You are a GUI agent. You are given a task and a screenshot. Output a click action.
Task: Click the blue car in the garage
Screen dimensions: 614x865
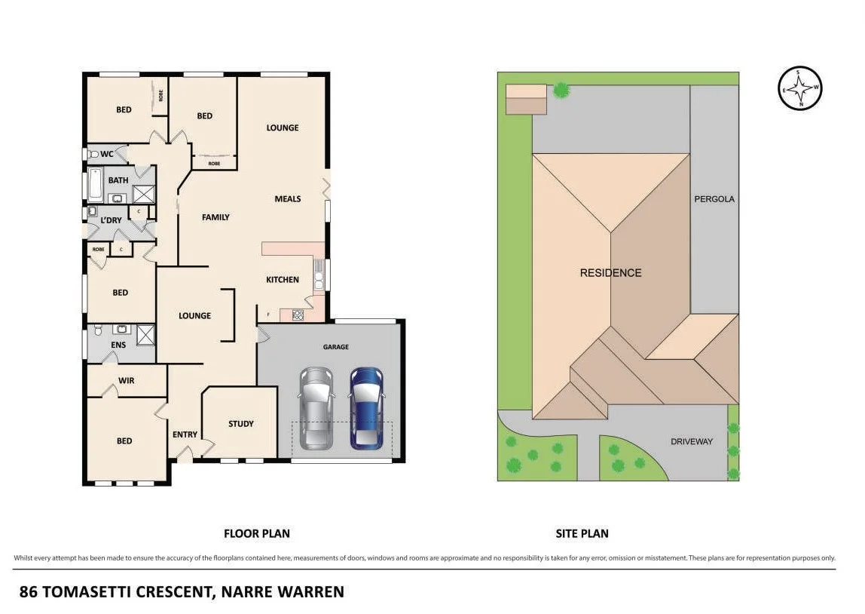(365, 407)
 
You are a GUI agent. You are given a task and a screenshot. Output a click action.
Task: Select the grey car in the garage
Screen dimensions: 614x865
(316, 407)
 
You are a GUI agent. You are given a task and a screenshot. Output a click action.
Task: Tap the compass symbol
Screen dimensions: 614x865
(799, 88)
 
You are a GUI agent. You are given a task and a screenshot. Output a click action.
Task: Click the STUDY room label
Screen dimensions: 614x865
(241, 424)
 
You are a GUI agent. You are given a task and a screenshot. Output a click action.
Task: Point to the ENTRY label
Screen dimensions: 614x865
(185, 434)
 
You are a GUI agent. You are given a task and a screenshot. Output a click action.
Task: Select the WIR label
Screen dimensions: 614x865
(127, 381)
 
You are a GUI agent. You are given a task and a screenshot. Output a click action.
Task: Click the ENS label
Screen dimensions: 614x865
(118, 345)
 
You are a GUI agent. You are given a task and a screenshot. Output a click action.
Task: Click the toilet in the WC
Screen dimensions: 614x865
(93, 155)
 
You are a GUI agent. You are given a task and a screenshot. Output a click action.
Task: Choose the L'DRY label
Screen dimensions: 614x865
(112, 220)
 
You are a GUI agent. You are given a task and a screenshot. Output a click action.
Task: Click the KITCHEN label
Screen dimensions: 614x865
(283, 280)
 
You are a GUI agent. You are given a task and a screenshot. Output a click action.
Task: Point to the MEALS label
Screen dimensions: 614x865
(288, 199)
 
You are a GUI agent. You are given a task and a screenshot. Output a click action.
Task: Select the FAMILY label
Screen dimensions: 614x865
(215, 217)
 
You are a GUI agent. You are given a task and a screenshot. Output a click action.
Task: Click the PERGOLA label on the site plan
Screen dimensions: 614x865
(714, 199)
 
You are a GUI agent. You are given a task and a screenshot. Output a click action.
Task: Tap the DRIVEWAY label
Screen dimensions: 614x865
(691, 441)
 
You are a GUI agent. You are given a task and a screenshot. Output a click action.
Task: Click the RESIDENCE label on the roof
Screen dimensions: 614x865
(610, 273)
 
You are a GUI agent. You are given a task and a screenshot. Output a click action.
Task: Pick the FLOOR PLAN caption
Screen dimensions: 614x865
(256, 533)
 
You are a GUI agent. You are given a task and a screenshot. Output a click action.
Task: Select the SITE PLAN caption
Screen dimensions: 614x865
(582, 533)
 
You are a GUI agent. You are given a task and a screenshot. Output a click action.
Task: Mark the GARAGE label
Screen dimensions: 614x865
(336, 347)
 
